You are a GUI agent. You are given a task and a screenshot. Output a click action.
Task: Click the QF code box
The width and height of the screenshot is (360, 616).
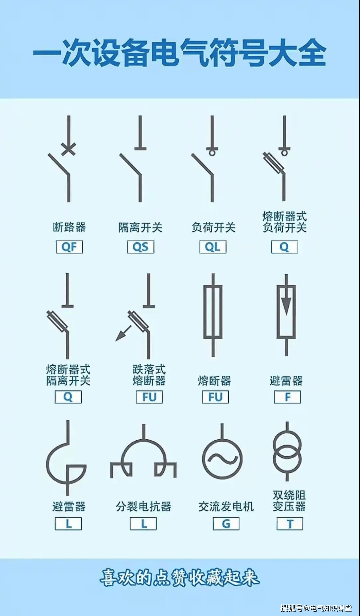pyautogui.click(x=69, y=247)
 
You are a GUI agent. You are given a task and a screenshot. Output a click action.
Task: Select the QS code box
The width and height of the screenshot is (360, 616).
pyautogui.click(x=141, y=247)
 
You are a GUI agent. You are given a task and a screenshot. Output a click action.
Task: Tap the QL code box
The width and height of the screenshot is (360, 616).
pyautogui.click(x=213, y=247)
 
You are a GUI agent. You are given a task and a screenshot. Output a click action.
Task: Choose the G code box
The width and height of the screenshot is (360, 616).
pyautogui.click(x=226, y=524)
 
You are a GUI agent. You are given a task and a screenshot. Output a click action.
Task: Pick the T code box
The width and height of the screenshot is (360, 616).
pyautogui.click(x=290, y=524)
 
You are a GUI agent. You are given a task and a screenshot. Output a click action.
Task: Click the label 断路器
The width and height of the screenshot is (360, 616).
pyautogui.click(x=69, y=227)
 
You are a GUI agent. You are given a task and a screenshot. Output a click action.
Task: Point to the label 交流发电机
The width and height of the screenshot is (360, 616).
pyautogui.click(x=226, y=506)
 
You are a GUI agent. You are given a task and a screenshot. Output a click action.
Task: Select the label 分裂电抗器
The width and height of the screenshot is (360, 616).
pyautogui.click(x=143, y=506)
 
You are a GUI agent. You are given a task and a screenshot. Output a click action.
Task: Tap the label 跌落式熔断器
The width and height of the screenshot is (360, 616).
pyautogui.click(x=149, y=375)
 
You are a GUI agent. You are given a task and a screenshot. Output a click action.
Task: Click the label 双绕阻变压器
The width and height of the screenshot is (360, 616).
pyautogui.click(x=289, y=501)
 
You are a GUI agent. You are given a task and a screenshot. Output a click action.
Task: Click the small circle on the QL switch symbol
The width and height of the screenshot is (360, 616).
pyautogui.click(x=212, y=153)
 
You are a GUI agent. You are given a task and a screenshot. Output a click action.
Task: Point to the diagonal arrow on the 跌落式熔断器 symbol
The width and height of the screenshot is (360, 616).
pyautogui.click(x=123, y=333)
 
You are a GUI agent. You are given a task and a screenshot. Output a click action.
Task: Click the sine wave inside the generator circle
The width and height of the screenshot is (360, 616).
pyautogui.click(x=222, y=460)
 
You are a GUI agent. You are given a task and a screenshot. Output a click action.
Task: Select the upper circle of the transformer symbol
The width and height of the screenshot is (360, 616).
pyautogui.click(x=287, y=445)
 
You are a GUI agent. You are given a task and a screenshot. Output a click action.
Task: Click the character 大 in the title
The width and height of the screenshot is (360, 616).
pyautogui.click(x=282, y=53)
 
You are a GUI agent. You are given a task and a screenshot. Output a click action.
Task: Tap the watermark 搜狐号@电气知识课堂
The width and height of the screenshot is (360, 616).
pyautogui.click(x=316, y=608)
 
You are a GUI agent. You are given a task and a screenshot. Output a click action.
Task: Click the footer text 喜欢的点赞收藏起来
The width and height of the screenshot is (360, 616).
pyautogui.click(x=179, y=578)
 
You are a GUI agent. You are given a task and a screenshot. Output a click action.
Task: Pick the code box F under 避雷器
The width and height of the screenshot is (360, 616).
pyautogui.click(x=288, y=397)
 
